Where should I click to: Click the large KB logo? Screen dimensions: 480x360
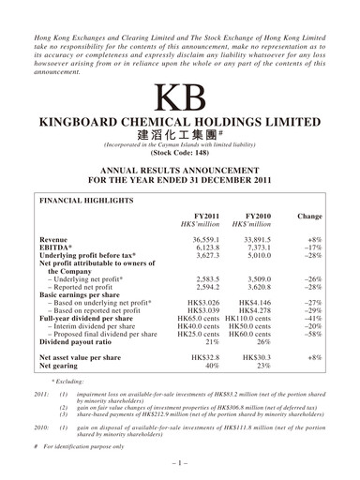point(179,97)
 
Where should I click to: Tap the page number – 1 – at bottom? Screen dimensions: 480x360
point(179,462)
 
